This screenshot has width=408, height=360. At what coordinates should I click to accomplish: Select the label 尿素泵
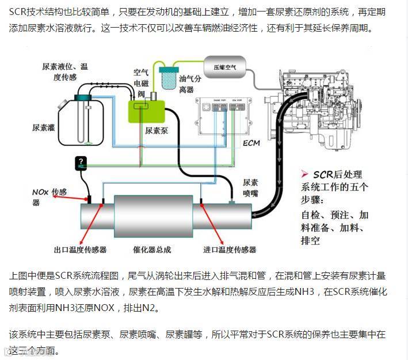coord(157,131)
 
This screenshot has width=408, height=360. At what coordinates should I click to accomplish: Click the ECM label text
coord(252,142)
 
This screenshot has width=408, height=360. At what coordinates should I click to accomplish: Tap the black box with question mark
coord(81,163)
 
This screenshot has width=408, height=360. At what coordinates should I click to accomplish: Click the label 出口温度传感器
coord(80,249)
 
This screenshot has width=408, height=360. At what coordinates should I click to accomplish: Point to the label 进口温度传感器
coord(230,249)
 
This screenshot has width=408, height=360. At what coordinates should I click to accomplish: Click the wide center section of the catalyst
coord(152,215)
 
